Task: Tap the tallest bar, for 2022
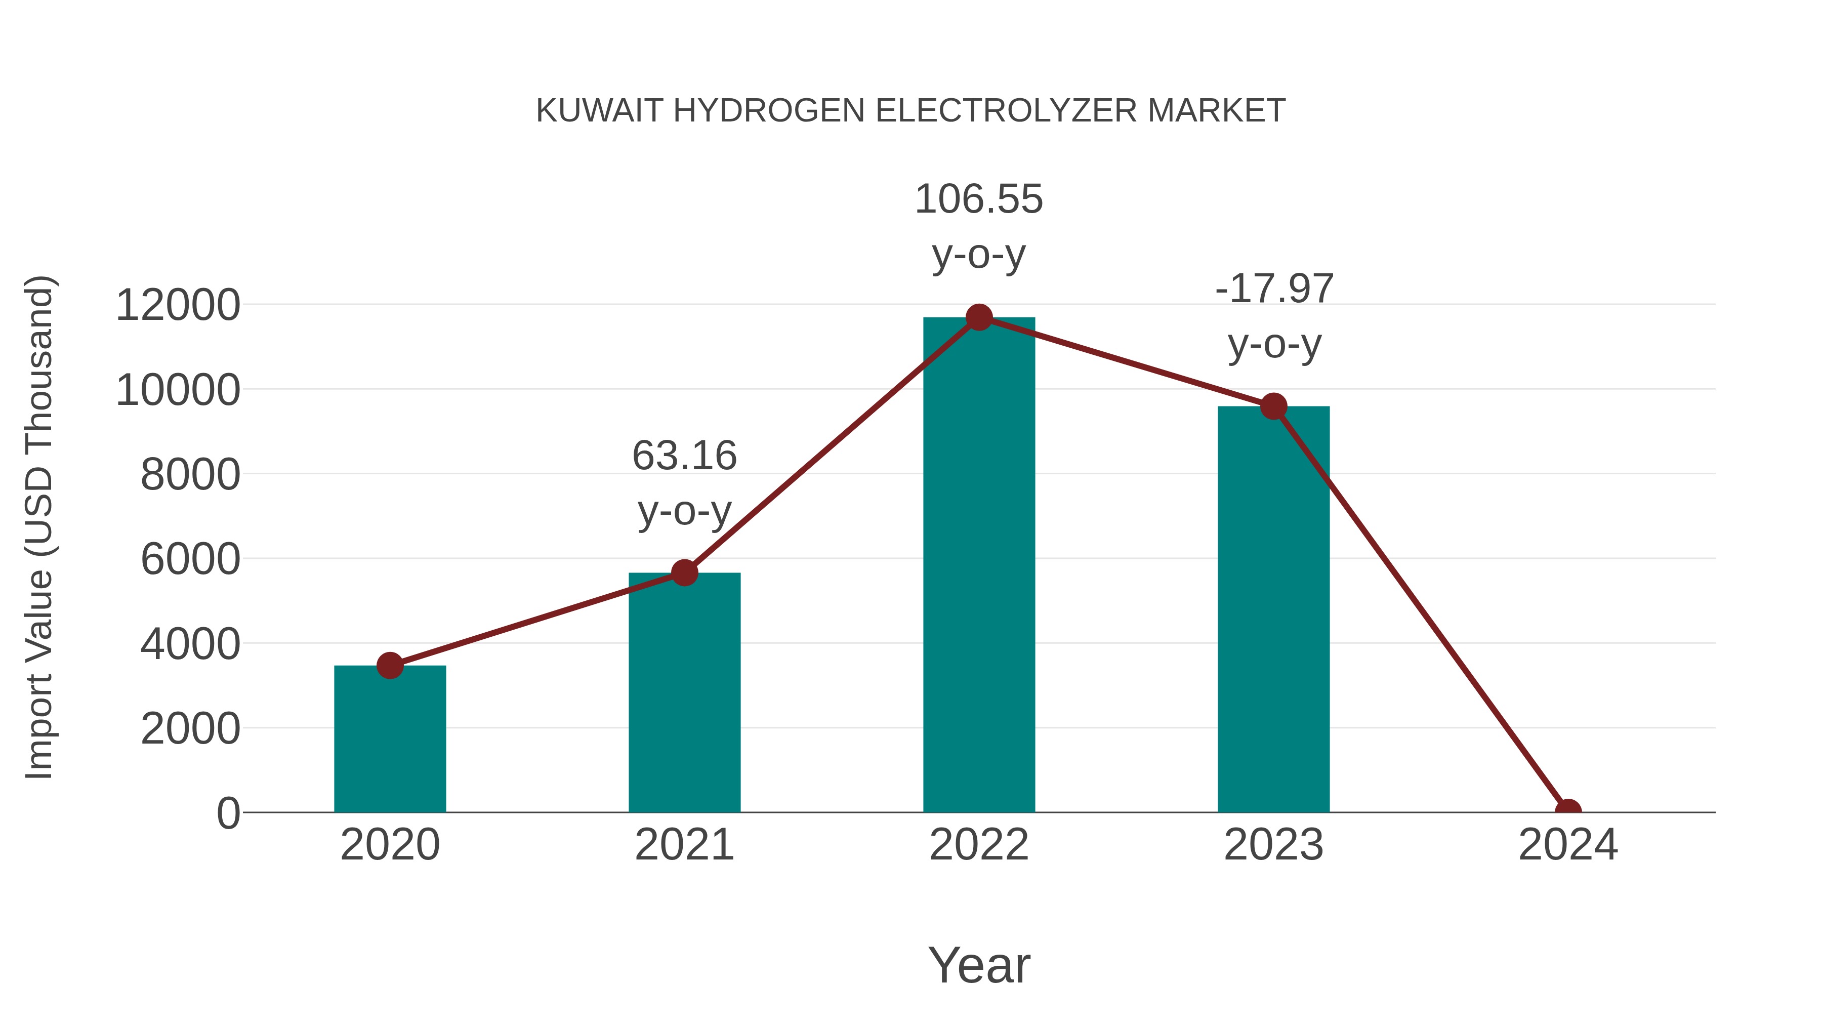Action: [979, 566]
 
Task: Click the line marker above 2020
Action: [390, 666]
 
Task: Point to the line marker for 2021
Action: [684, 573]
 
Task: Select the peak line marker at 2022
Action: [979, 317]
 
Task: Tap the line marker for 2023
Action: [1273, 407]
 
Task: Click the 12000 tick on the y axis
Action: [178, 306]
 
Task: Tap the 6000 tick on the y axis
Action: [190, 559]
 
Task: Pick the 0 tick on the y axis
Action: [228, 813]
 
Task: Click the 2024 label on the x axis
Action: [1568, 845]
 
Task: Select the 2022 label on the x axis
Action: [979, 845]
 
